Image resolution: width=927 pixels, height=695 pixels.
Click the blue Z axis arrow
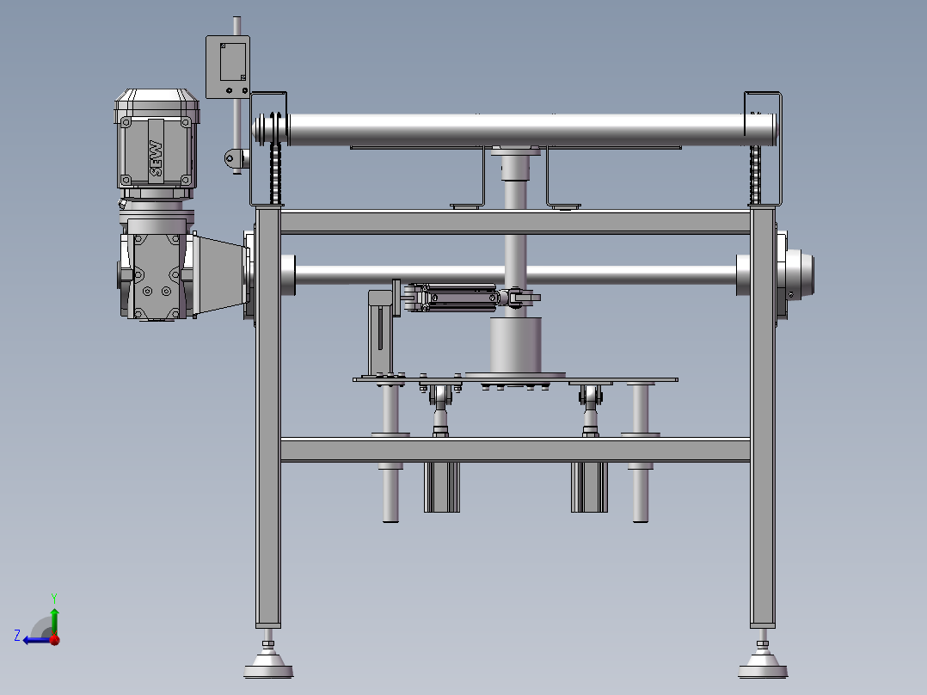tap(37, 639)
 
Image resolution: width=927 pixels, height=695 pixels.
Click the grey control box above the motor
tap(228, 67)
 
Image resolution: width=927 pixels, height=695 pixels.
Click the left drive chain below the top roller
tap(275, 160)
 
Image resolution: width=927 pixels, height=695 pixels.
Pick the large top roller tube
tap(515, 130)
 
